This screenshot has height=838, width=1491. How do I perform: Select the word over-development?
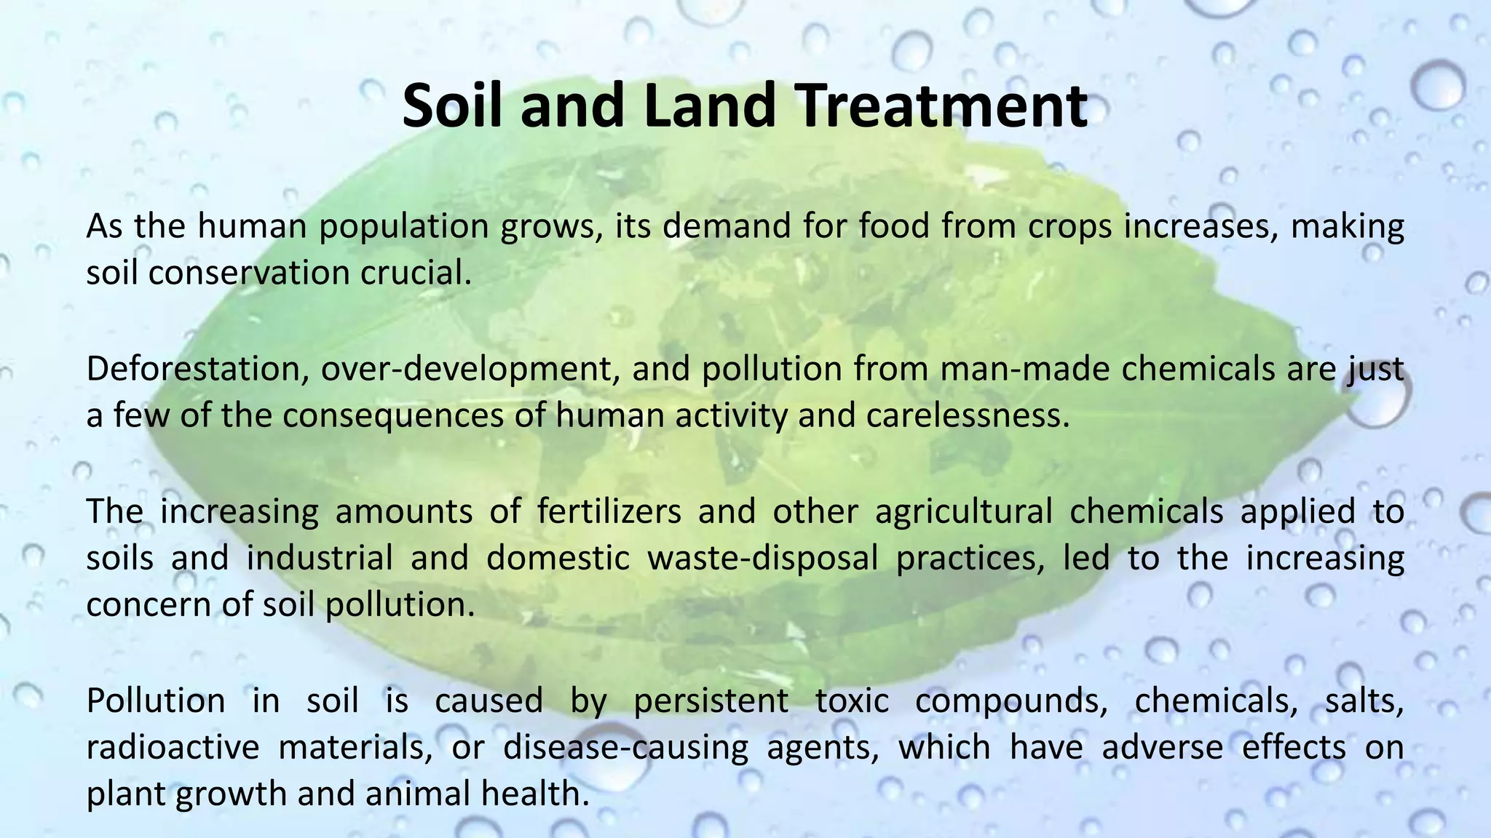click(x=470, y=370)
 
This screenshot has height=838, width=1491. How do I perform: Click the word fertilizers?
click(x=609, y=511)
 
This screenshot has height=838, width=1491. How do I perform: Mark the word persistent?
click(x=711, y=701)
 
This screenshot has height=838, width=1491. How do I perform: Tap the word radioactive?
click(x=173, y=748)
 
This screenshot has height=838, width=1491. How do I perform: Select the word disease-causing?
click(x=625, y=748)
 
